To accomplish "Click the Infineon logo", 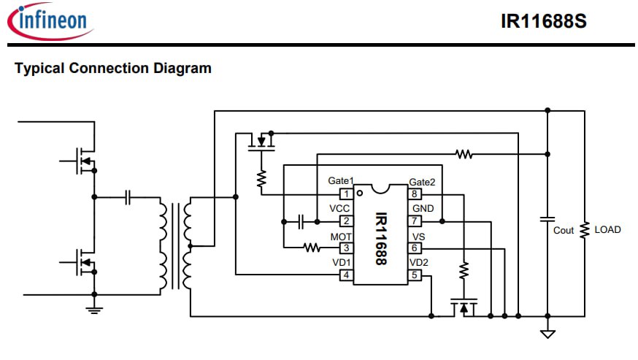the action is pyautogui.click(x=50, y=21).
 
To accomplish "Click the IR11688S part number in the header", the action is pyautogui.click(x=544, y=22).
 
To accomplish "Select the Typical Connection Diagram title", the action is pyautogui.click(x=113, y=68).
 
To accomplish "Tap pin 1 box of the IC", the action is pyautogui.click(x=346, y=194).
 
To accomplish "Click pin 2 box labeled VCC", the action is pyautogui.click(x=346, y=221).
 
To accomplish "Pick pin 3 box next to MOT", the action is pyautogui.click(x=346, y=248).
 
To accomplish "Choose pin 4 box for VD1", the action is pyautogui.click(x=346, y=275).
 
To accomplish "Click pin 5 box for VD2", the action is pyautogui.click(x=415, y=275).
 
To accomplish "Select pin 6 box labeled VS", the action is pyautogui.click(x=415, y=248).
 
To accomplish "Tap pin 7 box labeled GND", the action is pyautogui.click(x=415, y=221).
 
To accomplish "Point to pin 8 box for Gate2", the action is pyautogui.click(x=415, y=194).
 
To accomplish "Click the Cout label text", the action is pyautogui.click(x=563, y=231).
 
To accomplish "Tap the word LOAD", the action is pyautogui.click(x=607, y=230).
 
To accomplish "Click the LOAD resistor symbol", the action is pyautogui.click(x=585, y=230).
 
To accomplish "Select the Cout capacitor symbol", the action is pyautogui.click(x=547, y=220).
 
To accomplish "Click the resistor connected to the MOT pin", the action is pyautogui.click(x=312, y=248).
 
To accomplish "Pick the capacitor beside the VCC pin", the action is pyautogui.click(x=301, y=221).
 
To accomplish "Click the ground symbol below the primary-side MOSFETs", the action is pyautogui.click(x=94, y=310).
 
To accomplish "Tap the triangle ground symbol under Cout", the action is pyautogui.click(x=547, y=334).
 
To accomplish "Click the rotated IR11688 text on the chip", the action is pyautogui.click(x=381, y=239).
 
